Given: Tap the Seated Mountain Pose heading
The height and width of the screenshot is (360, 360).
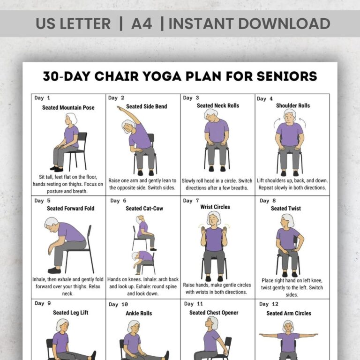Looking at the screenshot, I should pos(68,107).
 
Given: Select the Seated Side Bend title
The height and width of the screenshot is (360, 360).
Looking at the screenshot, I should pos(146,106).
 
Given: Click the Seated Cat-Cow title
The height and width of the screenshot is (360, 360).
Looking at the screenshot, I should pos(144,209).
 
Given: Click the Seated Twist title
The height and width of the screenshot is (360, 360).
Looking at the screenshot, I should pos(286,209).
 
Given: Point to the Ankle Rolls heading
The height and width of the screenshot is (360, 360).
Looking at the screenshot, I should pos(139,313).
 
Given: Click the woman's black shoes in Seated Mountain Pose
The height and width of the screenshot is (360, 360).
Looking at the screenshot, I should pos(57,168).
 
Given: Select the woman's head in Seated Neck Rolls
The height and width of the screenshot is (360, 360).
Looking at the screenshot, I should pos(210,115).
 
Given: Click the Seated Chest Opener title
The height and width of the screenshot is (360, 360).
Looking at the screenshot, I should pos(214,313).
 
